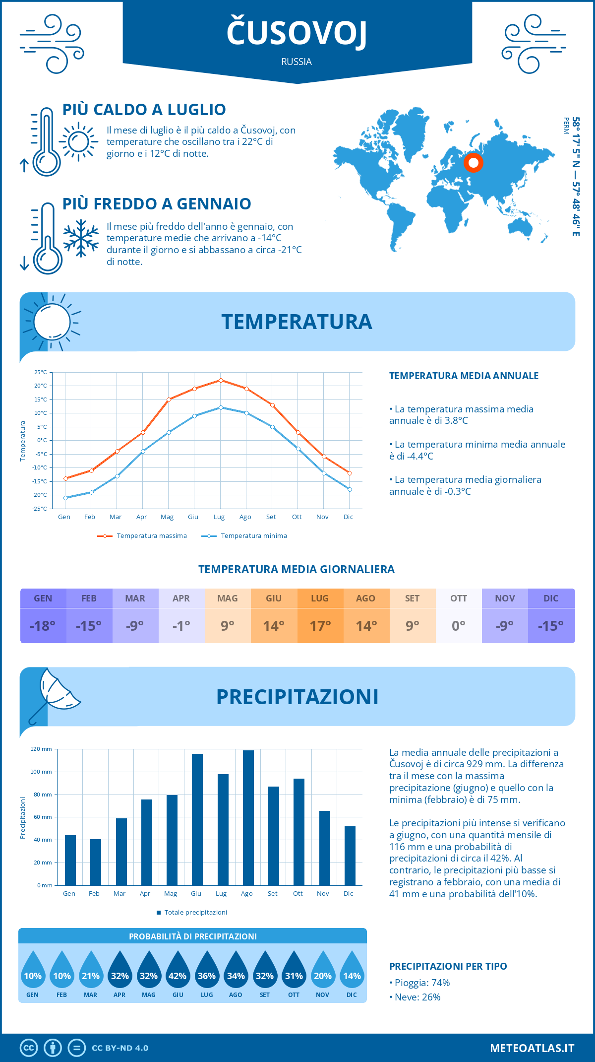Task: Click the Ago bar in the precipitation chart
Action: point(248,818)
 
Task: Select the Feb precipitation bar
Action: point(96,862)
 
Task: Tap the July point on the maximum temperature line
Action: point(221,380)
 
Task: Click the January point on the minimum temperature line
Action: point(65,498)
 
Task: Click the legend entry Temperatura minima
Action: point(244,536)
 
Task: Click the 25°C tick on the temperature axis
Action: point(41,372)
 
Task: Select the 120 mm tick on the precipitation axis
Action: point(41,749)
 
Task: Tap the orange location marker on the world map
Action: point(474,163)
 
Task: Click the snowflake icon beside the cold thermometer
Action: point(81,238)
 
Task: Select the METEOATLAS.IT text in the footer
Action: point(532,1048)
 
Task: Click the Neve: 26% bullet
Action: point(415,997)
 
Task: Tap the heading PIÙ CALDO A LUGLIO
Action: point(144,109)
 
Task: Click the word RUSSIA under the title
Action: point(297,62)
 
